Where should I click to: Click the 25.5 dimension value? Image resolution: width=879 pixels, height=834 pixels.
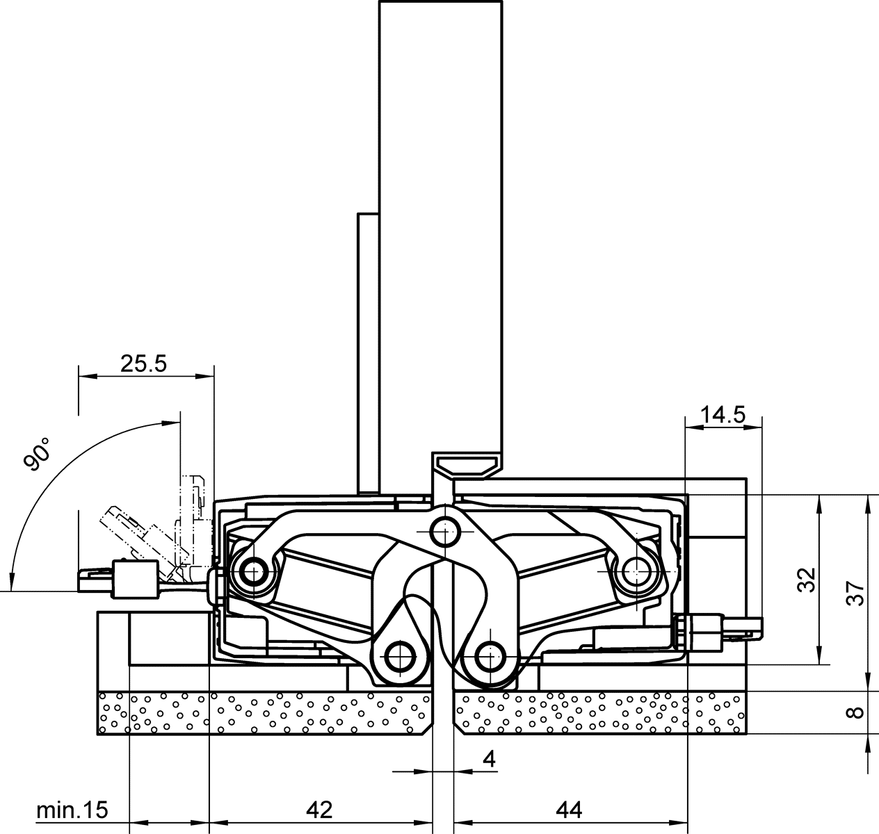pyautogui.click(x=143, y=363)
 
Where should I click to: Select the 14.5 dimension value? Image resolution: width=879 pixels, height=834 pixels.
pyautogui.click(x=723, y=415)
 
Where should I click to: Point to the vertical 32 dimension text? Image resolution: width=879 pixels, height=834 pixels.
pyautogui.click(x=805, y=579)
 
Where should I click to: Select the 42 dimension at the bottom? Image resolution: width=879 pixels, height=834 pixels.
pyautogui.click(x=319, y=809)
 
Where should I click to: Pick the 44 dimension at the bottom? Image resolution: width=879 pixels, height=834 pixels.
pyautogui.click(x=568, y=809)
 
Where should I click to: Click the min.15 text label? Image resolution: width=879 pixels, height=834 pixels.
pyautogui.click(x=72, y=810)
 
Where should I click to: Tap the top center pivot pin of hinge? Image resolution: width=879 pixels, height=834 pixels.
pyautogui.click(x=444, y=532)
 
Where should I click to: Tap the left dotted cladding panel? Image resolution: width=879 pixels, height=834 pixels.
pyautogui.click(x=264, y=713)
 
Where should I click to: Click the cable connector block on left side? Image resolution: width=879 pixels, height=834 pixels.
pyautogui.click(x=132, y=578)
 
